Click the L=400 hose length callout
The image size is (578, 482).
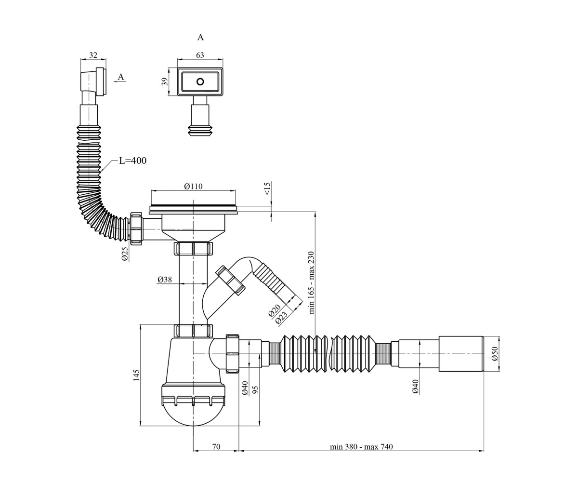tap(132, 161)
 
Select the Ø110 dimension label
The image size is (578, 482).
tap(194, 186)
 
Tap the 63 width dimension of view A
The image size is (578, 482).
tap(200, 55)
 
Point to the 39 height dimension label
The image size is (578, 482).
tap(165, 82)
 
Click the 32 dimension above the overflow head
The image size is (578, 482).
tap(93, 55)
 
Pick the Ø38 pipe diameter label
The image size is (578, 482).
tap(165, 280)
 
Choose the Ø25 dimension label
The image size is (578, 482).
tap(125, 254)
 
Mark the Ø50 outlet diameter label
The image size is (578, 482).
tap(495, 353)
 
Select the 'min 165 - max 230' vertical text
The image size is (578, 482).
tap(312, 282)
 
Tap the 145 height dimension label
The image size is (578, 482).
tap(136, 375)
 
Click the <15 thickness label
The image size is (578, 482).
tap(268, 189)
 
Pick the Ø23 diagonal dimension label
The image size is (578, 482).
tap(282, 317)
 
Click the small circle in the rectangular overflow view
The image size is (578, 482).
tap(200, 82)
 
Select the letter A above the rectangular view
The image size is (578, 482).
tap(200, 38)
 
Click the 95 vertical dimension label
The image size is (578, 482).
tap(255, 389)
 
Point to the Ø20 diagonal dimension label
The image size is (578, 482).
tap(275, 310)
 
